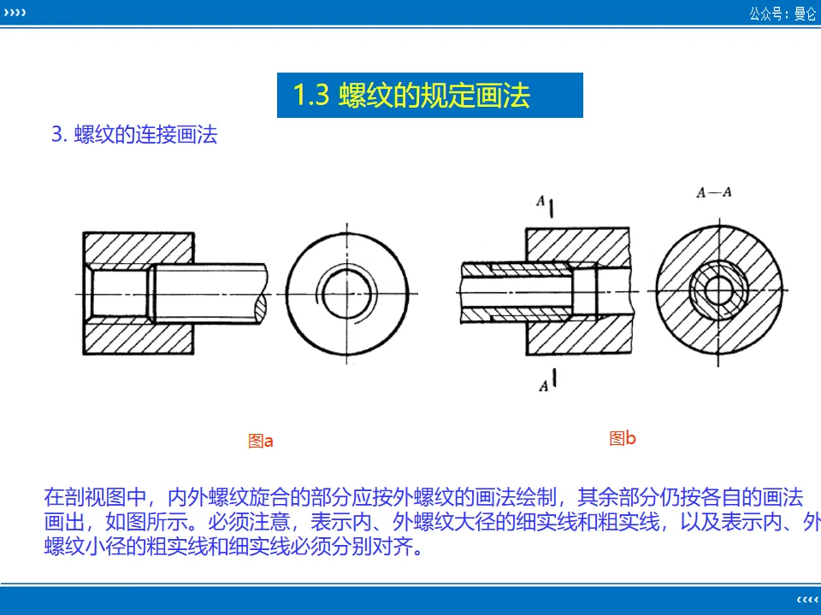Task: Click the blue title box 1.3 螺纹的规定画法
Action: pyautogui.click(x=429, y=95)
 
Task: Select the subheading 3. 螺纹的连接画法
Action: pyautogui.click(x=135, y=135)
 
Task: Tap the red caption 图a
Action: pyautogui.click(x=260, y=442)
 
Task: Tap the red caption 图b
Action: pyautogui.click(x=623, y=439)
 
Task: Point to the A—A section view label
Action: pyautogui.click(x=713, y=192)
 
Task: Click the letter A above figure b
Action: pyautogui.click(x=540, y=201)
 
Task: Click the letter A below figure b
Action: pyautogui.click(x=543, y=386)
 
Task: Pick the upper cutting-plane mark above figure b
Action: pyautogui.click(x=553, y=207)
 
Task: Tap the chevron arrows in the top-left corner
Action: pyautogui.click(x=15, y=13)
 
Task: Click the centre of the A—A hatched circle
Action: pyautogui.click(x=722, y=292)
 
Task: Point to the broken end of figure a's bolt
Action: pyautogui.click(x=261, y=294)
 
